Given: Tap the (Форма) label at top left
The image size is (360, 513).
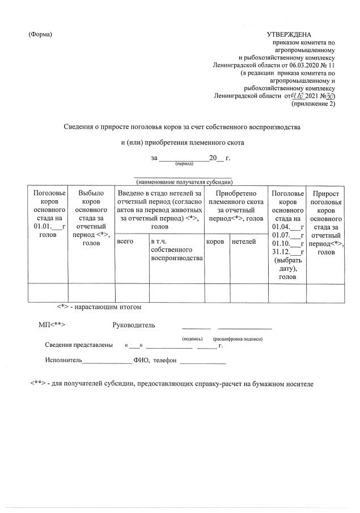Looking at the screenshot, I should pyautogui.click(x=40, y=35).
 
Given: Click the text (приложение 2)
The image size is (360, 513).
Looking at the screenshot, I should pyautogui.click(x=313, y=104).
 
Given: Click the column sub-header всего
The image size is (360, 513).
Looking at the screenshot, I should pyautogui.click(x=125, y=241).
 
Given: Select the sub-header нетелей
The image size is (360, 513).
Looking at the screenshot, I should pyautogui.click(x=244, y=241).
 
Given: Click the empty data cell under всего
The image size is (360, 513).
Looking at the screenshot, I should pyautogui.click(x=130, y=292).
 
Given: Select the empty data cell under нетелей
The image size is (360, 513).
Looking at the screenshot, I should pyautogui.click(x=248, y=292).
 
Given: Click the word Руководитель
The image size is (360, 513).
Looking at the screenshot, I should pyautogui.click(x=134, y=325).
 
